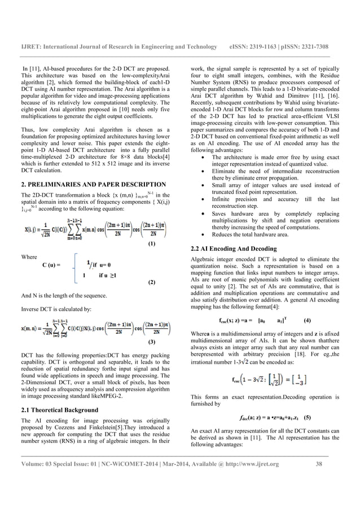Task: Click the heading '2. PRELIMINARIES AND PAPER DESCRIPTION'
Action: click(x=93, y=185)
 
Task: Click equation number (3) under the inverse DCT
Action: click(x=151, y=342)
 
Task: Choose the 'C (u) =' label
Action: click(x=51, y=264)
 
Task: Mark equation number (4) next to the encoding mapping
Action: click(x=307, y=320)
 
